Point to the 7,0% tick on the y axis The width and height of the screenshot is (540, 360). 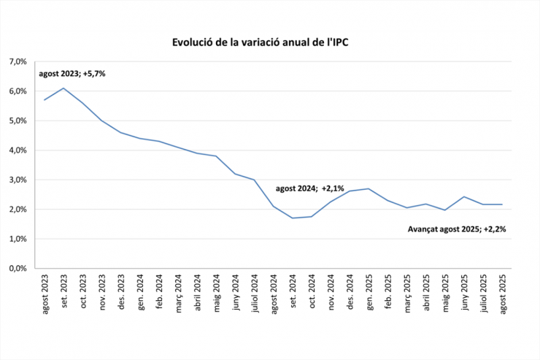click(18, 62)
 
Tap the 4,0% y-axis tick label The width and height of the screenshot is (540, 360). click(18, 150)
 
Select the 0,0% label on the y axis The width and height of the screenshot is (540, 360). click(18, 269)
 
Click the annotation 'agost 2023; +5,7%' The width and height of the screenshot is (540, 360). click(72, 74)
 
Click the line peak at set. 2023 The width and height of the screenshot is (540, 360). click(63, 88)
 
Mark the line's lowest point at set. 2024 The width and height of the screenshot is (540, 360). click(292, 218)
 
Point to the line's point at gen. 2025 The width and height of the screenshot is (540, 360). click(369, 188)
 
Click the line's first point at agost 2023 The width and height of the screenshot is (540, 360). click(45, 100)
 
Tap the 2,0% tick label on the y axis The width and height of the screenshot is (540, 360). click(18, 210)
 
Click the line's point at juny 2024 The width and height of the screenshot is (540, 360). click(235, 174)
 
